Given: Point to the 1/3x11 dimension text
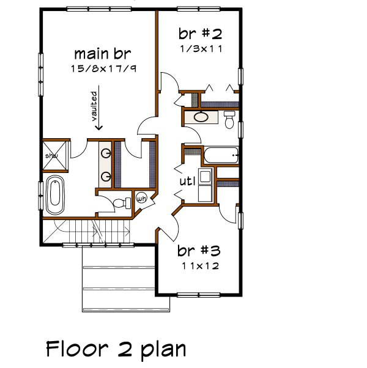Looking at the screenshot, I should click(x=200, y=47).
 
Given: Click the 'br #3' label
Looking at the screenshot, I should click(x=199, y=251).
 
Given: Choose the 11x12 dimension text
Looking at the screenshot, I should click(x=200, y=266).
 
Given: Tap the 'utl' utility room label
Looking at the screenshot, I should click(x=187, y=182).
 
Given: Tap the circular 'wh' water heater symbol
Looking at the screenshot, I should click(x=141, y=199).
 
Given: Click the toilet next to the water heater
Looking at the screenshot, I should click(x=125, y=201).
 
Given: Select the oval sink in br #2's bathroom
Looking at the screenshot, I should click(x=200, y=117).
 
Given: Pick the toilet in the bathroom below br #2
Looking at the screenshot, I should click(x=229, y=119).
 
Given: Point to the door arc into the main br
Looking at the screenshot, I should click(x=146, y=127).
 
